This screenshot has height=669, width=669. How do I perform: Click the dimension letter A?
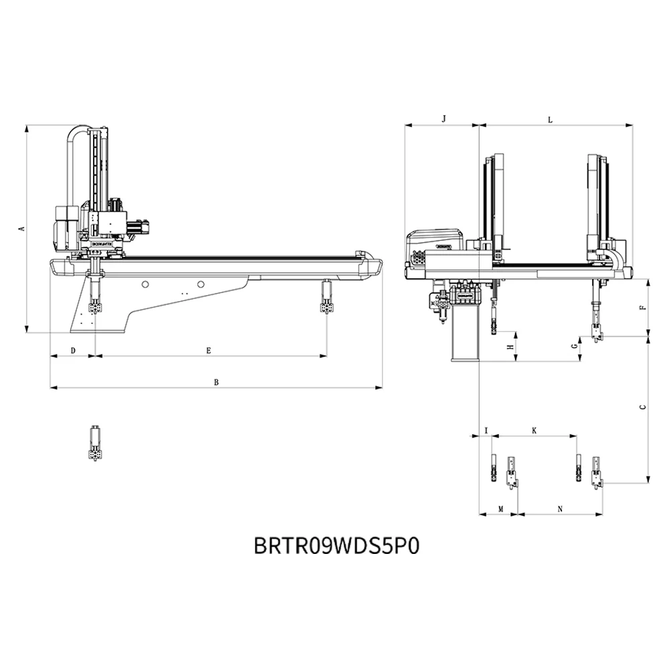pyautogui.click(x=21, y=229)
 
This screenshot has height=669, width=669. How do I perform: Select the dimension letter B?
pyautogui.click(x=215, y=383)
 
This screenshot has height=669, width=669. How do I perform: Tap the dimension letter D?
pyautogui.click(x=73, y=351)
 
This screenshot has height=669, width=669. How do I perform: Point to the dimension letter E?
pyautogui.click(x=209, y=351)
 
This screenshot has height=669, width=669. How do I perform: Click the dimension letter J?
pyautogui.click(x=444, y=118)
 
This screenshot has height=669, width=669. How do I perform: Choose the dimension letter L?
pyautogui.click(x=550, y=120)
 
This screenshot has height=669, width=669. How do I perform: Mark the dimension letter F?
pyautogui.click(x=642, y=308)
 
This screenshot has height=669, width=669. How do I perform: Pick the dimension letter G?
pyautogui.click(x=574, y=346)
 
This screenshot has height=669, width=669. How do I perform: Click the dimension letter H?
pyautogui.click(x=510, y=347)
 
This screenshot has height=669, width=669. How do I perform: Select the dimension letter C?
pyautogui.click(x=643, y=407)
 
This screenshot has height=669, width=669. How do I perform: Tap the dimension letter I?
pyautogui.click(x=486, y=431)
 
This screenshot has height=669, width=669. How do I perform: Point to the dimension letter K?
pyautogui.click(x=534, y=431)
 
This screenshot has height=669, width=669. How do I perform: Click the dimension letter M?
pyautogui.click(x=500, y=509)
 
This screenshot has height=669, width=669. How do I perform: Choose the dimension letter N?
pyautogui.click(x=560, y=509)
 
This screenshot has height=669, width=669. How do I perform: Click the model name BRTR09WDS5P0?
pyautogui.click(x=337, y=545)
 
